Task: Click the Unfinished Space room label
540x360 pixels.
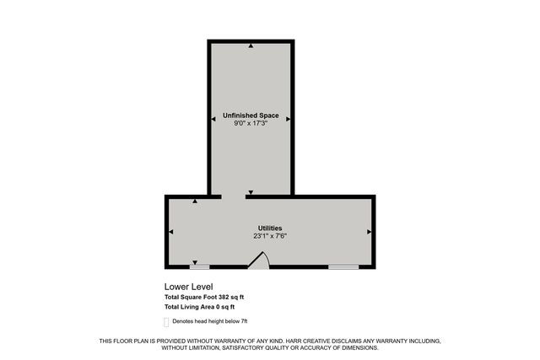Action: coord(251,115)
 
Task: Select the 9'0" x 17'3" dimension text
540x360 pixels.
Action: coord(251,124)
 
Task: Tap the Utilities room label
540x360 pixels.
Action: coord(270,228)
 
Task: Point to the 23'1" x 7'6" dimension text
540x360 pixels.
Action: coord(270,236)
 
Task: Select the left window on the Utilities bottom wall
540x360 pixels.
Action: coord(199,267)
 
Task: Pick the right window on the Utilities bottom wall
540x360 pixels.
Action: coord(343,267)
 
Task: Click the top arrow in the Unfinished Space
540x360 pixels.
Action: coord(251,46)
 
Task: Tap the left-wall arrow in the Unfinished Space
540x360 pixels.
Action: coord(213,120)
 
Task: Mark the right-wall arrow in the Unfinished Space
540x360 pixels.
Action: coord(289,120)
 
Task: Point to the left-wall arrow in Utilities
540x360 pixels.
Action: coord(171,231)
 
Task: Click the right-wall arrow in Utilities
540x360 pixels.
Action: coord(369,231)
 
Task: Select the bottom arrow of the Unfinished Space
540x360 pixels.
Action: coord(251,193)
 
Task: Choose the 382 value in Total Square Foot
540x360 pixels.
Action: coord(224,298)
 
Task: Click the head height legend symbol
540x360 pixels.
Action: coord(166,321)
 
